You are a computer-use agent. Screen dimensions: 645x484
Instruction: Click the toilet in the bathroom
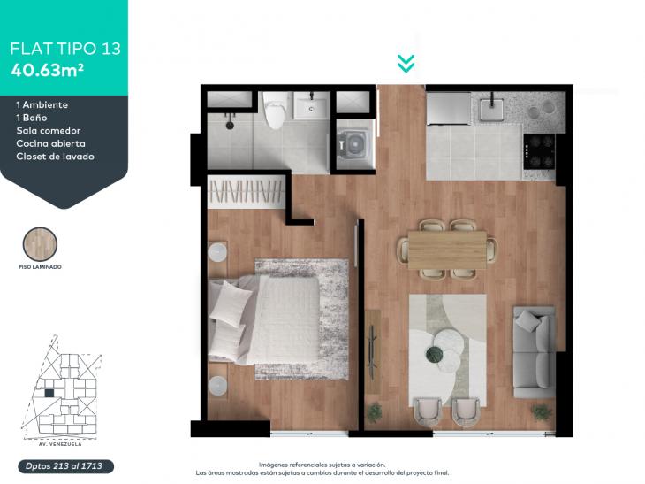coord(275,111)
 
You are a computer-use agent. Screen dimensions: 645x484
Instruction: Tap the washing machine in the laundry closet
coord(353,144)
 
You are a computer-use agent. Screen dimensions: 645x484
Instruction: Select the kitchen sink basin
coord(492,109)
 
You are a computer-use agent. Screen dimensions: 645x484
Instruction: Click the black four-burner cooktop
coord(539,151)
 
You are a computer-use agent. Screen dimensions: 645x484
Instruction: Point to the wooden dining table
coord(447,250)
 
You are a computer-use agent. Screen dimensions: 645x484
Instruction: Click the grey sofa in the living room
coord(534,352)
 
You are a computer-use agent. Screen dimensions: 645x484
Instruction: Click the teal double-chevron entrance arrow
coord(406,64)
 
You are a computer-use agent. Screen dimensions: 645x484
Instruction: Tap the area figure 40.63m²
coord(48,70)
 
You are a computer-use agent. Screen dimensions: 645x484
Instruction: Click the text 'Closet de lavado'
coord(55,157)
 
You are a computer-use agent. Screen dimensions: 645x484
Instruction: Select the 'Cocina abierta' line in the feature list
coord(51,143)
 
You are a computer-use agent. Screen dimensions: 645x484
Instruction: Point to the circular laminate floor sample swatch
coord(40,244)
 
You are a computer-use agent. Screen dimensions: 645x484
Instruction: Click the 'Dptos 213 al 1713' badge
coord(65,466)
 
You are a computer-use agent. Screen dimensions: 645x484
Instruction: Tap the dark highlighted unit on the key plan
coord(49,394)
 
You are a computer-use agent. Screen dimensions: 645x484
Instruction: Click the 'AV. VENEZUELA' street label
coord(60,444)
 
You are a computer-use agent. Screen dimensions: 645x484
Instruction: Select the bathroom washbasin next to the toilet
coord(311,105)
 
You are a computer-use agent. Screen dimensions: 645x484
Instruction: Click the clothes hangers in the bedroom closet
coord(247,191)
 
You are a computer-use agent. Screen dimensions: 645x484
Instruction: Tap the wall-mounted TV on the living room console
coord(373,352)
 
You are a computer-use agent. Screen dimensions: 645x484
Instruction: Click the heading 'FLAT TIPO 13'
coord(65,49)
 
